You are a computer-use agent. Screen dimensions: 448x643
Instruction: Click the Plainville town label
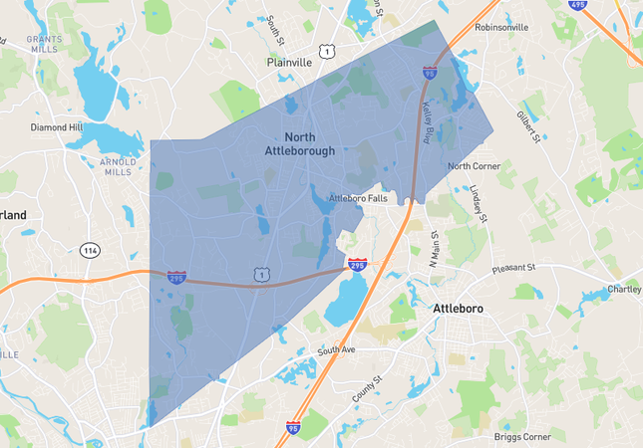click(289, 62)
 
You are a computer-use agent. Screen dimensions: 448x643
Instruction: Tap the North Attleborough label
click(300, 144)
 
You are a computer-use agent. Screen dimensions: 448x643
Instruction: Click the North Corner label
click(472, 166)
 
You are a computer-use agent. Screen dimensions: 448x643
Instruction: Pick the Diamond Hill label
click(56, 127)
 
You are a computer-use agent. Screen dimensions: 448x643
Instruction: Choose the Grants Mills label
click(44, 43)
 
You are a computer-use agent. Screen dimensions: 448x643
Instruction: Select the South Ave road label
click(336, 351)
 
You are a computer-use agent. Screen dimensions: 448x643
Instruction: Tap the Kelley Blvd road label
click(436, 119)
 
